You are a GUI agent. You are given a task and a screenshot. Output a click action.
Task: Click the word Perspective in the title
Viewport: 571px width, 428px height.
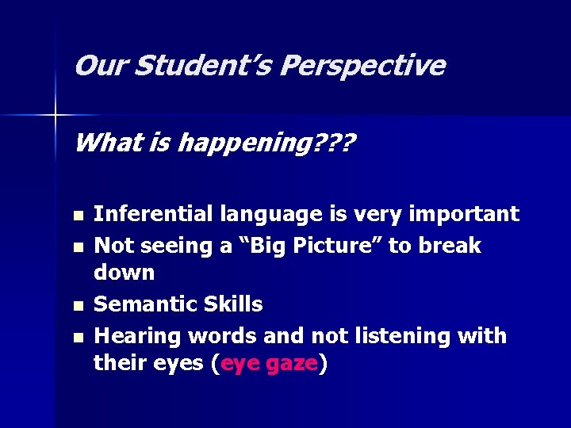click(x=362, y=66)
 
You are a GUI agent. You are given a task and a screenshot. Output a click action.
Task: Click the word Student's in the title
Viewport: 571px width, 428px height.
click(x=203, y=66)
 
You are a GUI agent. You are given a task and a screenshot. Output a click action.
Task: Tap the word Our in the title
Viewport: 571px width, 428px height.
click(x=101, y=66)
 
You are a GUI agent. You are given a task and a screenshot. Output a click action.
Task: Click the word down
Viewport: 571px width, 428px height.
click(x=125, y=273)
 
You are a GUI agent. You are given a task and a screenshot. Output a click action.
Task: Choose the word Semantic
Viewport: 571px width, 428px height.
click(x=145, y=304)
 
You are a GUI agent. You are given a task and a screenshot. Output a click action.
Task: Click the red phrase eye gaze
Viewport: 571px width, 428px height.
click(x=270, y=364)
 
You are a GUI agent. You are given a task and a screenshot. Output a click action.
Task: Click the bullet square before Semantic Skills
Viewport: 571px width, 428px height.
click(x=76, y=306)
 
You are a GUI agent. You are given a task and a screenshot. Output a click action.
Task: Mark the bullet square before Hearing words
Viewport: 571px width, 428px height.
click(x=76, y=338)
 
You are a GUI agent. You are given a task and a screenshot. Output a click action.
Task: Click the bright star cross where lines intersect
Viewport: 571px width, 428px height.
click(x=56, y=116)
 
